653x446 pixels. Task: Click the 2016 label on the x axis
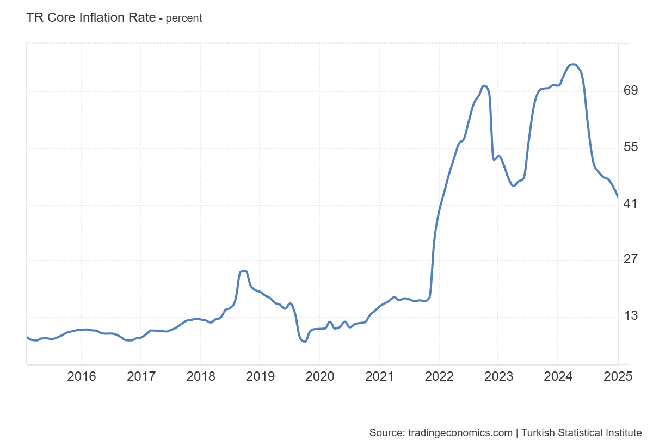tap(81, 376)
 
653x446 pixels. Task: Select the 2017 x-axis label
tap(141, 376)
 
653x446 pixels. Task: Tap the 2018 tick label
tap(200, 376)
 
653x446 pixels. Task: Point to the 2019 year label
tap(260, 376)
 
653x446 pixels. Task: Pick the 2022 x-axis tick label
tap(439, 376)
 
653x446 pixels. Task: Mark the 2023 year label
tap(498, 376)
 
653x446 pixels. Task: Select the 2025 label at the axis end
tap(618, 376)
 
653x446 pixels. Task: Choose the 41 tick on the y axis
tap(631, 203)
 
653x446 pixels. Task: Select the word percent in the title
tap(183, 18)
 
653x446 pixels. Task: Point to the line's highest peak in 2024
tap(572, 65)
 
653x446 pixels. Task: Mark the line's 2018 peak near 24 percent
tap(244, 271)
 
